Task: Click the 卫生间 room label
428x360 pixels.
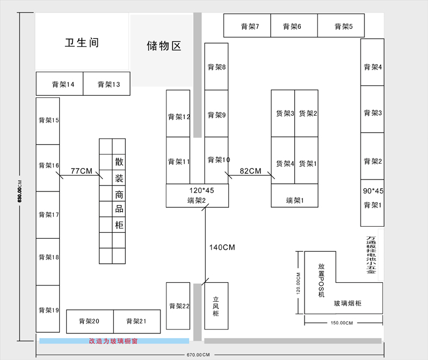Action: [x=82, y=43]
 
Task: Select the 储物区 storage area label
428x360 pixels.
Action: [x=164, y=46]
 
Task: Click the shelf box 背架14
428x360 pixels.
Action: [x=60, y=84]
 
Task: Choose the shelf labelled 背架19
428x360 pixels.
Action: [x=48, y=310]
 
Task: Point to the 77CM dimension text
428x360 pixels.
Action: [x=82, y=171]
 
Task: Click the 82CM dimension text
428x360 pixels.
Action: [x=251, y=171]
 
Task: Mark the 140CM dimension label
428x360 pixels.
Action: [x=222, y=247]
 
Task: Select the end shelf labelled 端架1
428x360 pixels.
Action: [x=294, y=201]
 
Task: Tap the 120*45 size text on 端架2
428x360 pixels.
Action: [x=201, y=190]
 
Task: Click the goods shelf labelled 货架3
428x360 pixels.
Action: [x=283, y=114]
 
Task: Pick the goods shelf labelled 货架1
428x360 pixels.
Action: [x=307, y=163]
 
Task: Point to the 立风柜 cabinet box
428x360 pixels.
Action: [x=216, y=306]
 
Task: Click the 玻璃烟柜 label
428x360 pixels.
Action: [x=348, y=303]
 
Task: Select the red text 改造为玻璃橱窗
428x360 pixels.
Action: [x=114, y=342]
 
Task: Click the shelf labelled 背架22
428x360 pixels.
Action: [x=178, y=306]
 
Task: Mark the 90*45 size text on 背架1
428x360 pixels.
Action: [x=373, y=191]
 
